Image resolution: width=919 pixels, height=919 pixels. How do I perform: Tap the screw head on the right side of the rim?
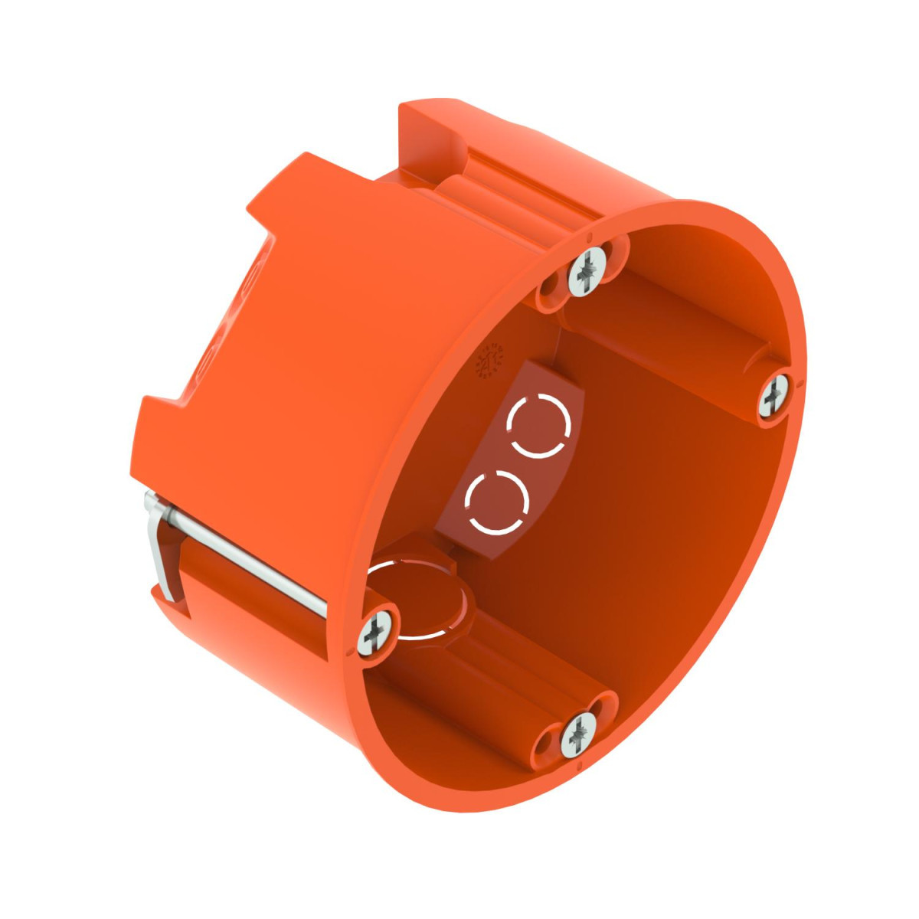pos(775,396)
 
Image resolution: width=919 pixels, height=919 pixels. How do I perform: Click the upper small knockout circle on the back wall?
pos(541,427)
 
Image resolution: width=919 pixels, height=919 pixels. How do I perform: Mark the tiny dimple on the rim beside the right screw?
pos(800,381)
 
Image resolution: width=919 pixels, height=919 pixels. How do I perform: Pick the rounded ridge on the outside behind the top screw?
pos(475,191)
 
